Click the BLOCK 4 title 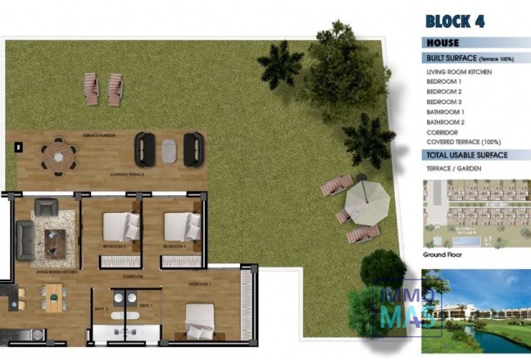point(455,22)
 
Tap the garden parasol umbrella point(365,198)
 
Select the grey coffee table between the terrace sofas point(169,149)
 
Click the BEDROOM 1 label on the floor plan point(200,284)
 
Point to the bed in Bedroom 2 point(180,226)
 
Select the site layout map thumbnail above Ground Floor point(476,213)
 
